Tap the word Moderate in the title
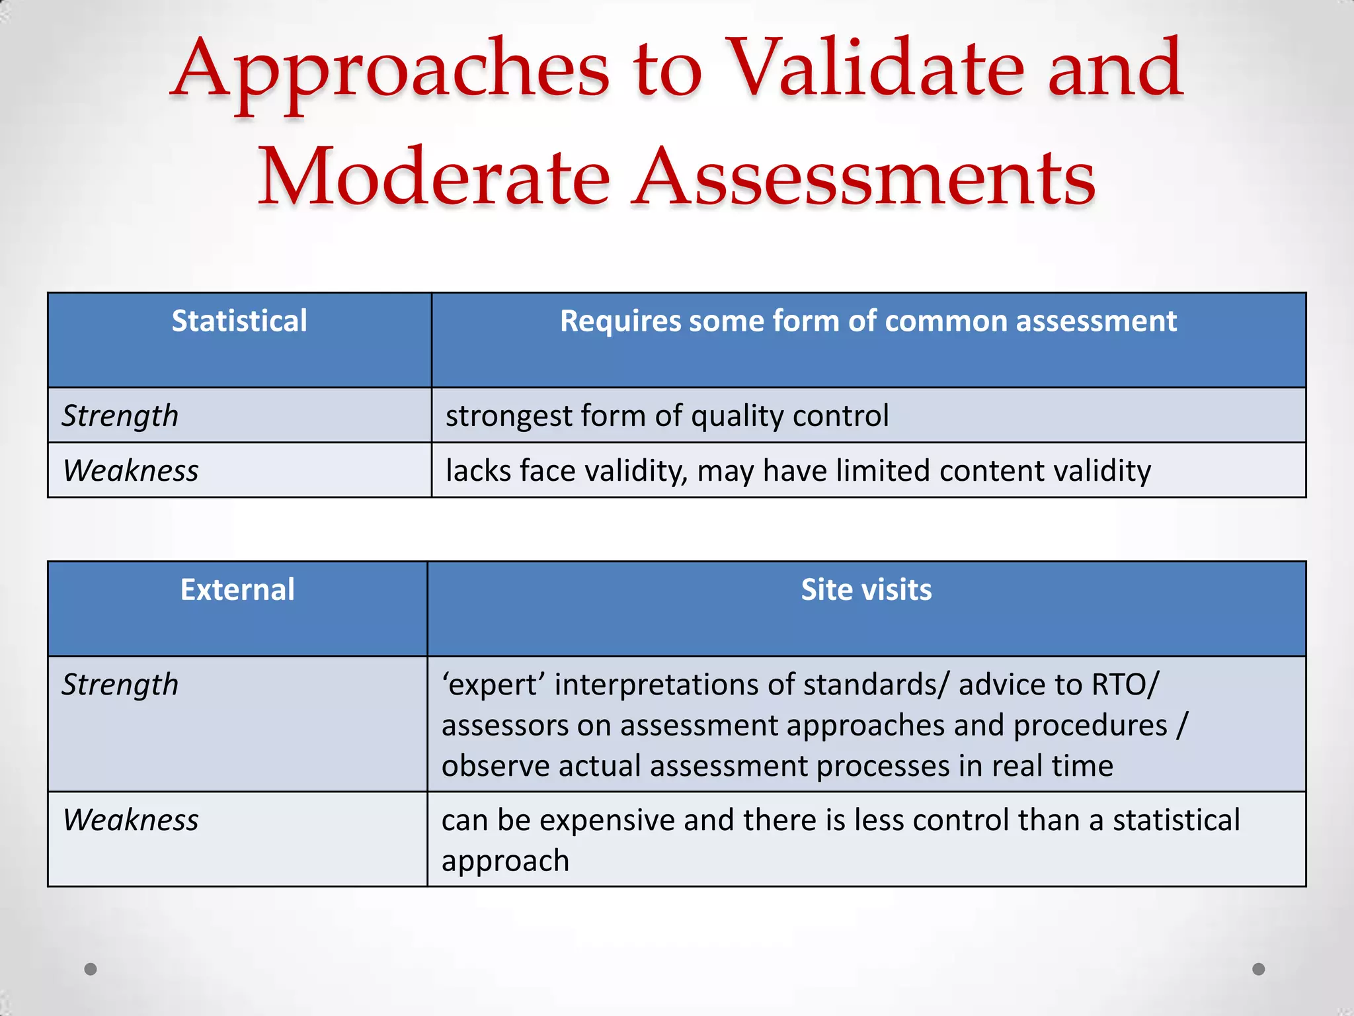point(433,177)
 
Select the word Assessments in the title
point(863,177)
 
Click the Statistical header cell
point(239,321)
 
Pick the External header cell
point(237,590)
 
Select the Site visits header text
point(866,590)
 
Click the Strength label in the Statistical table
point(120,416)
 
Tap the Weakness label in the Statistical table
point(131,471)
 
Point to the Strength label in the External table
point(120,685)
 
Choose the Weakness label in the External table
point(131,820)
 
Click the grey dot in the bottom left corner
point(91,969)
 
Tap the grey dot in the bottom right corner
point(1259,969)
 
